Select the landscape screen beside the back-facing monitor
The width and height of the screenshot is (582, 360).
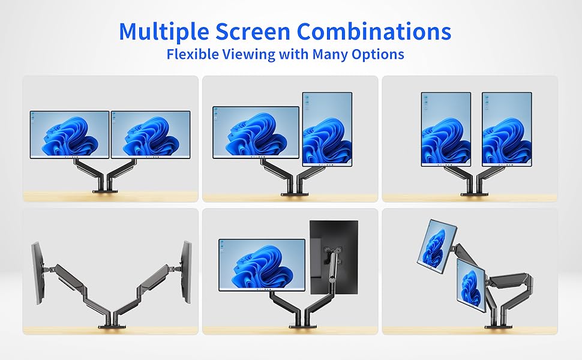pos(262,265)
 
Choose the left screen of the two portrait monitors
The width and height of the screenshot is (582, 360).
pos(446,128)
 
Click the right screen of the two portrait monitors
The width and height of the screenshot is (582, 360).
pos(506,128)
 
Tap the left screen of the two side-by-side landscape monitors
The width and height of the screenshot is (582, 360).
pos(70,134)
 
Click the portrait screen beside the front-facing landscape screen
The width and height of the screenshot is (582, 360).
pos(327,129)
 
